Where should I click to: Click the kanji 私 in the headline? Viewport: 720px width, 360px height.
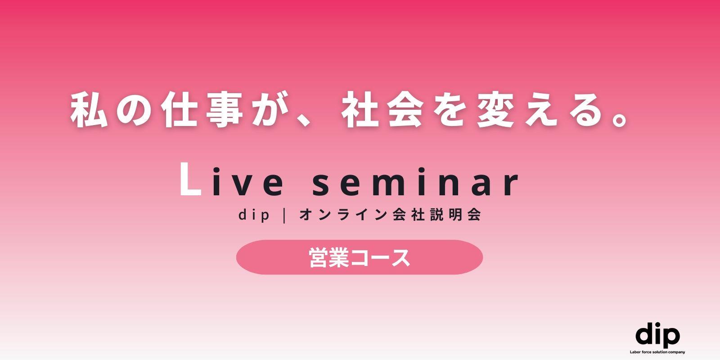point(89,110)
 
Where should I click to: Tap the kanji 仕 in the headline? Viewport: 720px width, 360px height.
point(179,110)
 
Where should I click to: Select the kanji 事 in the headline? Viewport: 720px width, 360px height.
point(225,110)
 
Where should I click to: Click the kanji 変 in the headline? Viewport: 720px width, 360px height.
point(495,110)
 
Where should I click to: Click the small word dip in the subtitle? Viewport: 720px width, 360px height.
point(254,215)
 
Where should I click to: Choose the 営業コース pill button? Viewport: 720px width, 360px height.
point(360,257)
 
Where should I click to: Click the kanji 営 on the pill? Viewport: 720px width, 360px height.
point(319,257)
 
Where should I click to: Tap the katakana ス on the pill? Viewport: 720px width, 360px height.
point(400,258)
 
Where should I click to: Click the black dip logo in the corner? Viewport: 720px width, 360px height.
point(657,335)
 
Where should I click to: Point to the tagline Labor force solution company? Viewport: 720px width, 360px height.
point(657,352)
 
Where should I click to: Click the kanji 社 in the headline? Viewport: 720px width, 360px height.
point(360,110)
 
